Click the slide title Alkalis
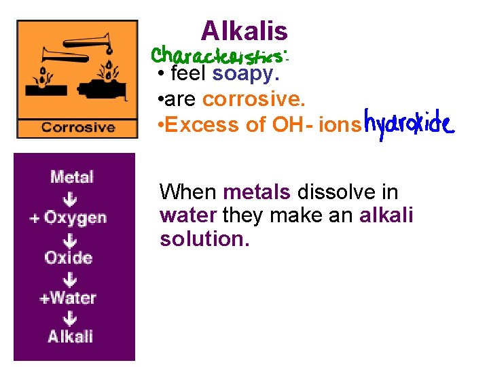(x=244, y=31)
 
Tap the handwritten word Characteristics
(x=220, y=54)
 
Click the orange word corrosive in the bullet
(x=254, y=99)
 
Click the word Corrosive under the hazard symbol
(x=77, y=126)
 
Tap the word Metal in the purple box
(x=72, y=177)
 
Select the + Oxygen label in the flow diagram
(x=69, y=217)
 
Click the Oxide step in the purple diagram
(x=69, y=258)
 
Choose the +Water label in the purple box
(x=68, y=298)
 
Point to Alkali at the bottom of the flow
(x=71, y=336)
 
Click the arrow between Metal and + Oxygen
(x=70, y=198)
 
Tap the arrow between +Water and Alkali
(x=70, y=317)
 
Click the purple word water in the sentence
(x=188, y=216)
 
